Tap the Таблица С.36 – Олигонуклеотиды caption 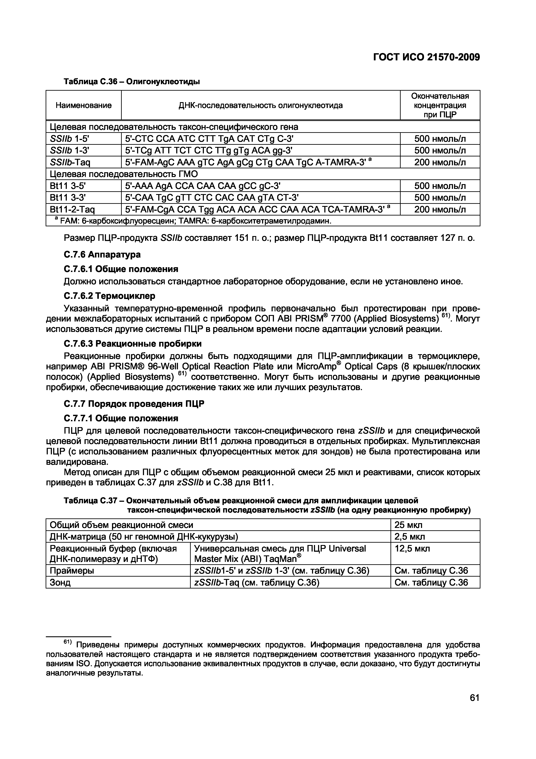click(131, 81)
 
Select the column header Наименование click(83, 105)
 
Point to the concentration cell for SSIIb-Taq click(440, 162)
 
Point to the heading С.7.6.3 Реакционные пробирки click(132, 344)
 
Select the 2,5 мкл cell click(410, 537)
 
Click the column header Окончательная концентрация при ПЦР click(440, 105)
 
